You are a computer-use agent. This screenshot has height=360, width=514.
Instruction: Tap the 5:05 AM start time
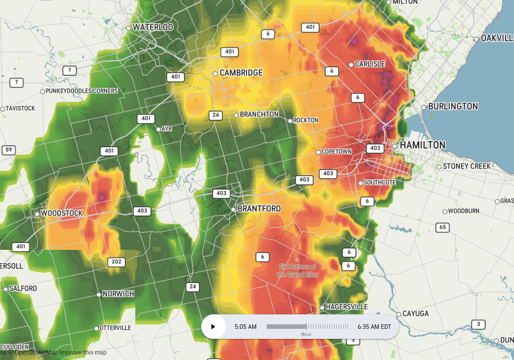click(246, 327)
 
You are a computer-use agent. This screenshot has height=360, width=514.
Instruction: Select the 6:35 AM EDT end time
click(374, 327)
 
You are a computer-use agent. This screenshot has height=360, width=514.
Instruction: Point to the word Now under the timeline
click(306, 334)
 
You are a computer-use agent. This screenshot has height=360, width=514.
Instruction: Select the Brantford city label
click(259, 209)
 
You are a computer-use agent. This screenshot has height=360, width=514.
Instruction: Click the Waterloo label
click(153, 27)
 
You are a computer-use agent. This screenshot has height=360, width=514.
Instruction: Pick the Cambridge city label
click(241, 73)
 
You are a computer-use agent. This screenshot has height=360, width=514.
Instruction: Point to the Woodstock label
click(62, 214)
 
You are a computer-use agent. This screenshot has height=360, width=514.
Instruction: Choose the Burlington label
click(453, 106)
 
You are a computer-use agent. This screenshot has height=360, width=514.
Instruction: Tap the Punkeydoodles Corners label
click(82, 91)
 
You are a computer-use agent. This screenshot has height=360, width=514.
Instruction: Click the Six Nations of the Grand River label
click(297, 270)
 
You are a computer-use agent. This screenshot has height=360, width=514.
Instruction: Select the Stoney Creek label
click(467, 166)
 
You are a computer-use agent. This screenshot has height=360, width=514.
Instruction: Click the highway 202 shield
click(116, 262)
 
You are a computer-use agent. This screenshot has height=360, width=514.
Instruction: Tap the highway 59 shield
click(8, 150)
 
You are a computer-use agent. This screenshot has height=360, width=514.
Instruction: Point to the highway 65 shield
click(443, 227)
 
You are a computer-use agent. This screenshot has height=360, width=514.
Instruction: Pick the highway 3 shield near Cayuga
click(478, 324)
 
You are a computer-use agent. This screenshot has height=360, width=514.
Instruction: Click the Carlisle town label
click(370, 64)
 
